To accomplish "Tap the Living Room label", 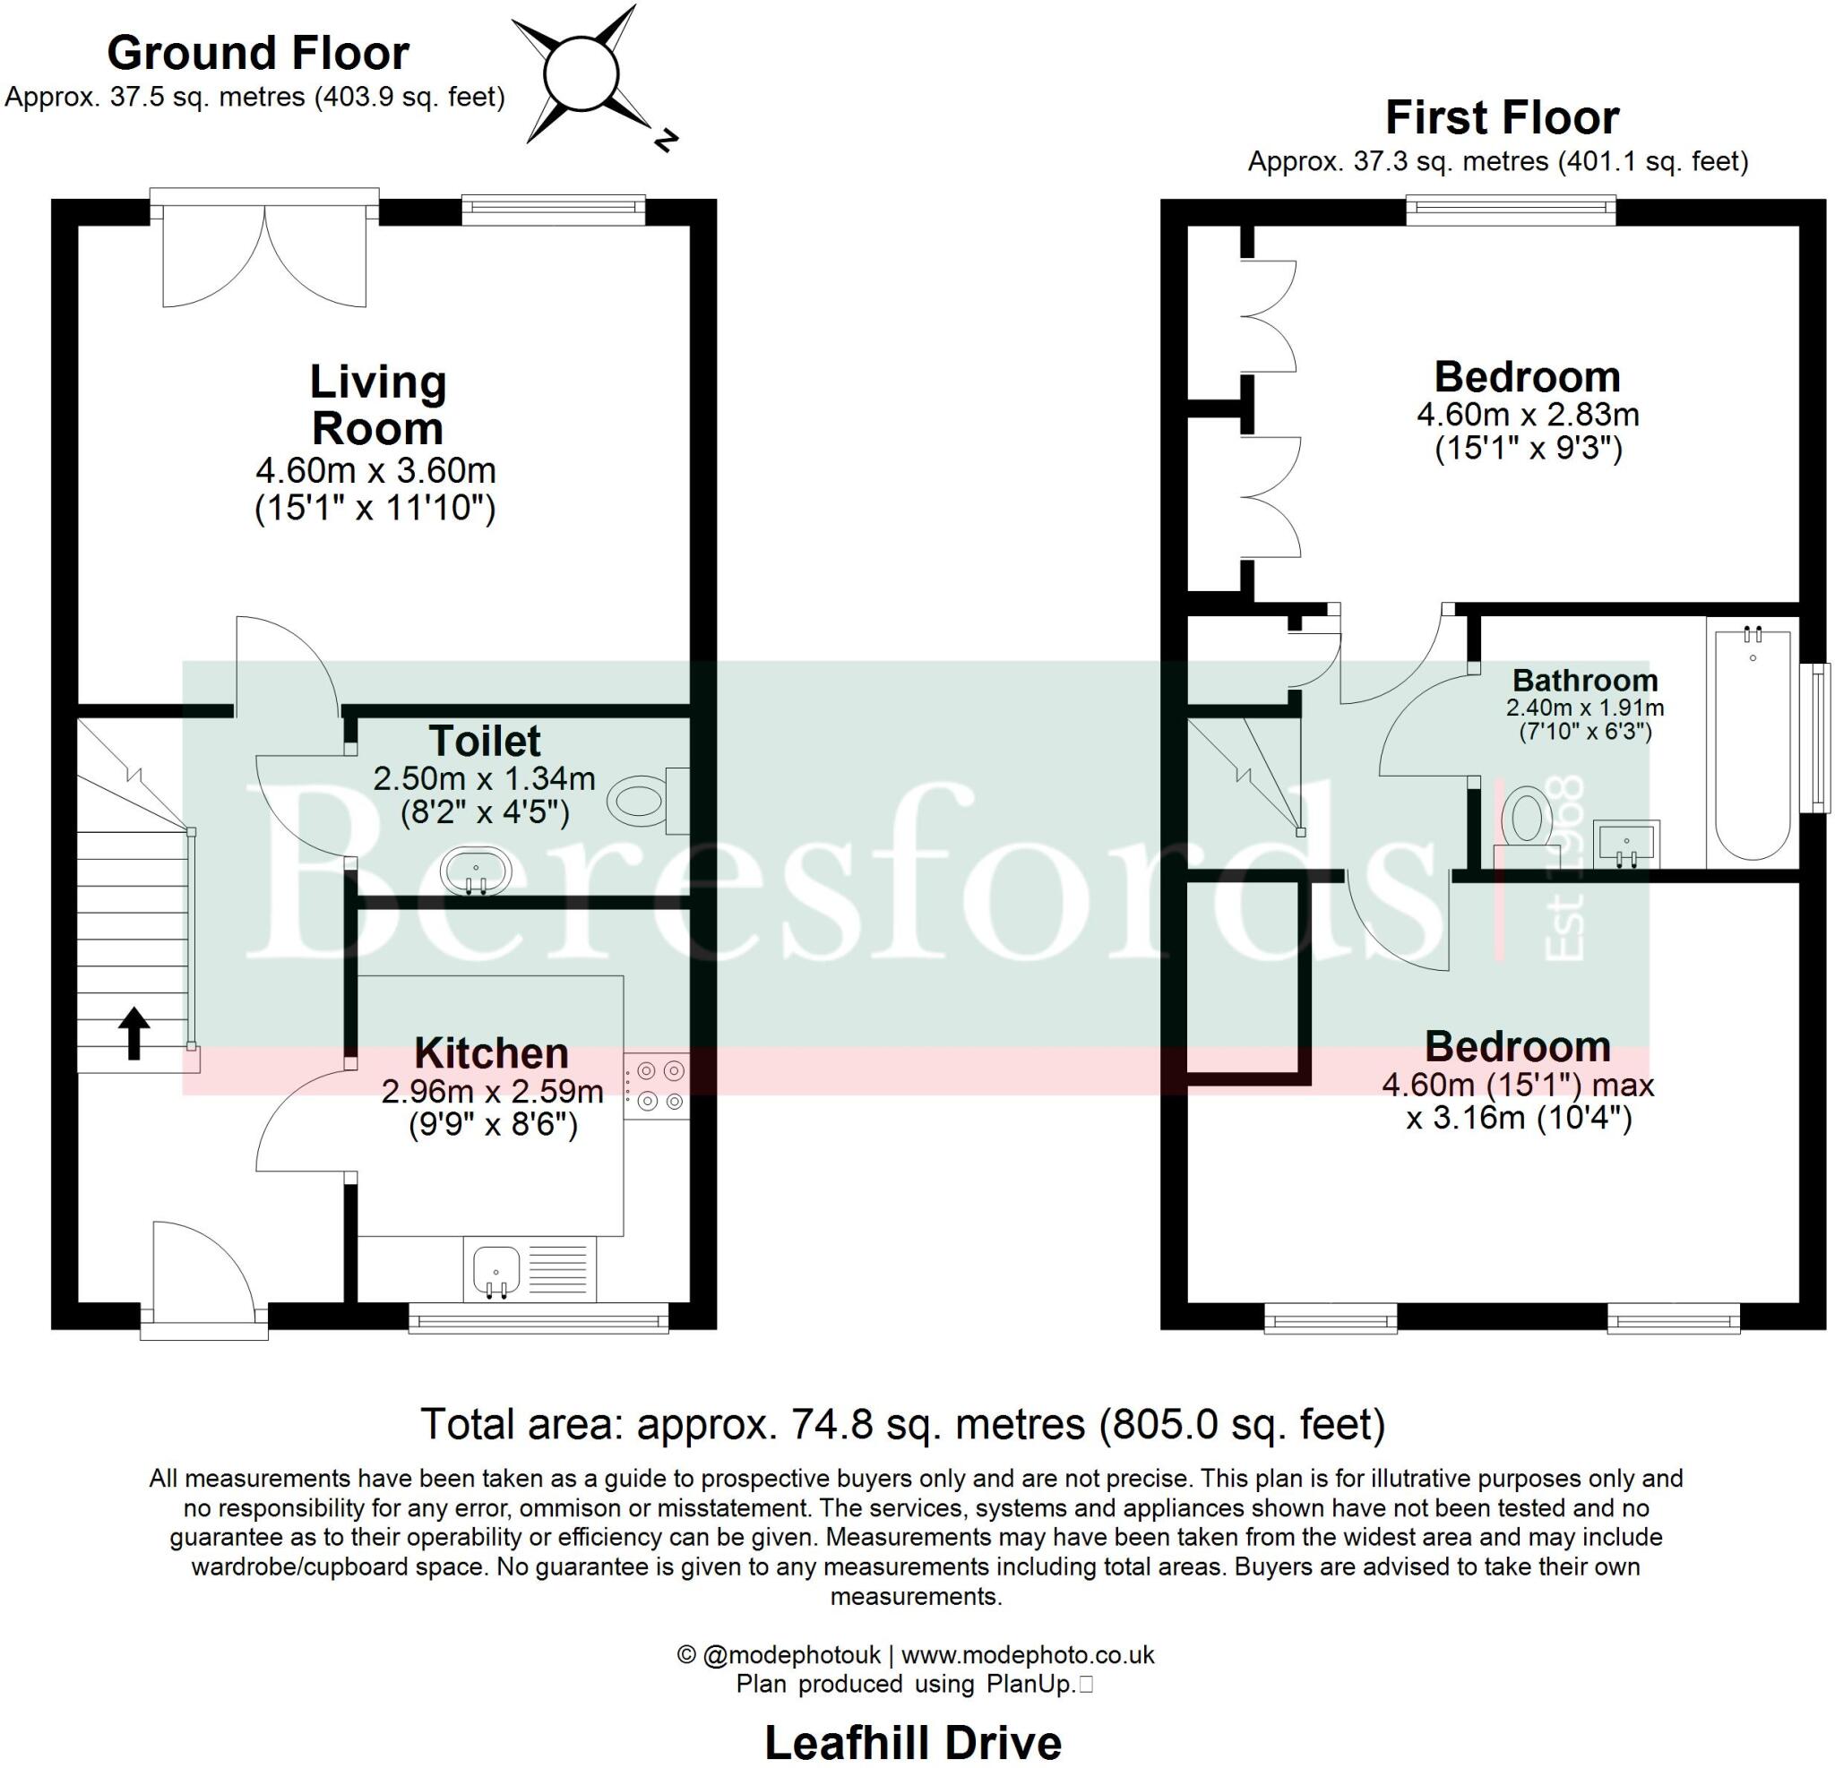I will (x=378, y=404).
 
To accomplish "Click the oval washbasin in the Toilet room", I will (x=478, y=871).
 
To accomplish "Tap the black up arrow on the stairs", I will (x=133, y=1034).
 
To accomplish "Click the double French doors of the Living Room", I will (x=265, y=253).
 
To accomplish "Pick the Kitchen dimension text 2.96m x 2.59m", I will (x=493, y=1091).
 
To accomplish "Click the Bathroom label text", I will (x=1585, y=681).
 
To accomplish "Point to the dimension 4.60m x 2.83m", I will (x=1528, y=414).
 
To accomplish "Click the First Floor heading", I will (x=1502, y=118).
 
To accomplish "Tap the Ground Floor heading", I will (x=258, y=54).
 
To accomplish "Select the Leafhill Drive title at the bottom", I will (x=913, y=1743).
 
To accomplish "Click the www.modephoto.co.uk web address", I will (x=1028, y=1655).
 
